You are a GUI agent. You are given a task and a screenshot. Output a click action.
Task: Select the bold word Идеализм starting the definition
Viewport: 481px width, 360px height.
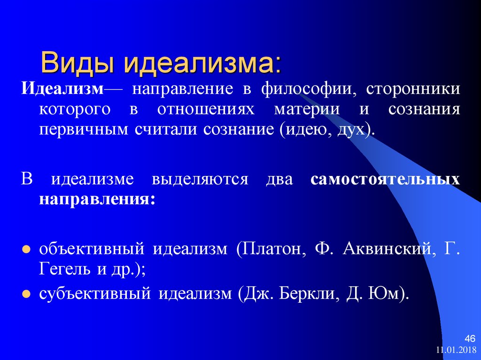62,89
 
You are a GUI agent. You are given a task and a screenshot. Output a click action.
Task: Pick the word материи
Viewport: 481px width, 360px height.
307,109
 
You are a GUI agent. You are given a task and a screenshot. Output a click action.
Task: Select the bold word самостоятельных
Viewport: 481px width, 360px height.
385,180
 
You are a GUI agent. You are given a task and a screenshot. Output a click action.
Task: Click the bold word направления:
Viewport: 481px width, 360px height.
97,200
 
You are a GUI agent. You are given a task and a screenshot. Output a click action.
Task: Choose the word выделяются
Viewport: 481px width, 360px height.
200,180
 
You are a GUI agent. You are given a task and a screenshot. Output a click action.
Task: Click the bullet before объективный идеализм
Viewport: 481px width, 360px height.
26,249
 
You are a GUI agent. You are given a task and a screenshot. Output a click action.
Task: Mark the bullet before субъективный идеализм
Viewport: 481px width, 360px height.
26,294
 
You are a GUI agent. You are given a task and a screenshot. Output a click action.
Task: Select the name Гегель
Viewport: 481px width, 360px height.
64,269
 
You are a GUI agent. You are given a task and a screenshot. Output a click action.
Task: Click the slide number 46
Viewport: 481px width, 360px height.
470,339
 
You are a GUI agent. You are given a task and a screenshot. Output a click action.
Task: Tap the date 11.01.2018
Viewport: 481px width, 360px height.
456,350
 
